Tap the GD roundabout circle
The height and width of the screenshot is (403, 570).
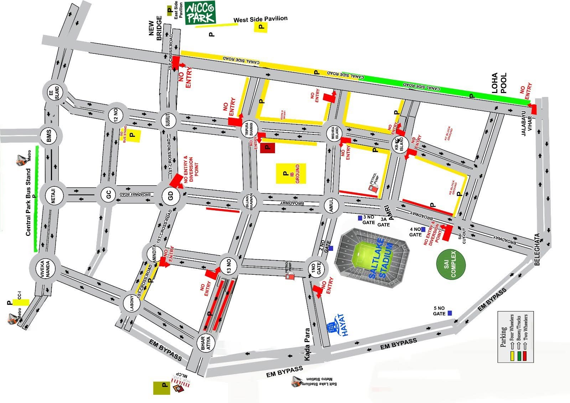tap(170, 196)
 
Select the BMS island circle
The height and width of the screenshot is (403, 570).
tap(49, 136)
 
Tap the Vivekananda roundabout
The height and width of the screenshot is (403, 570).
tap(43, 269)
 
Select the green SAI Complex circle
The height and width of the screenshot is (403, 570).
tap(451, 264)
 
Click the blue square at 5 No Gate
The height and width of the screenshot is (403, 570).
tap(450, 313)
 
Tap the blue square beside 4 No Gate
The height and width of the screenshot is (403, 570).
tap(423, 229)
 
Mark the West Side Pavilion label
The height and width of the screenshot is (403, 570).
tap(260, 19)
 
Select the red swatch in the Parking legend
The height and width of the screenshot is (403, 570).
tap(525, 357)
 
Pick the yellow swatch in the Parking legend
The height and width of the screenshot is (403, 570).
tap(512, 357)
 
